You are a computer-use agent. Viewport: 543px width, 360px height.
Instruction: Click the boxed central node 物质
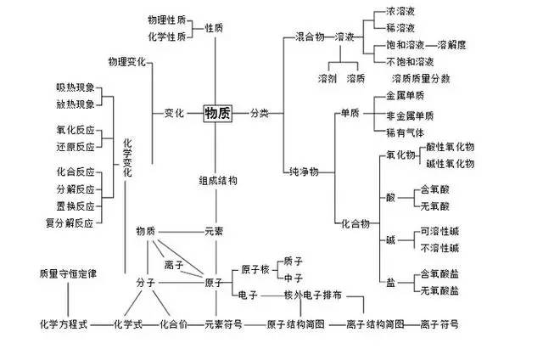[217, 113]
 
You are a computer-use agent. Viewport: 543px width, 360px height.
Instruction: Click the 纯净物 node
[303, 172]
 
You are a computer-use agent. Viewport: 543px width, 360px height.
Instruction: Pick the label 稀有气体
[411, 132]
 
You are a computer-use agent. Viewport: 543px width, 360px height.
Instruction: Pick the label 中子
[294, 277]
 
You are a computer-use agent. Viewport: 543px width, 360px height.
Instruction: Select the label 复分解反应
[70, 223]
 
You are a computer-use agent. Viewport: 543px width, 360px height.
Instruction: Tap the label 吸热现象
[75, 88]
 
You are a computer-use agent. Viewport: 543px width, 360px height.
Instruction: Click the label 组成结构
[217, 181]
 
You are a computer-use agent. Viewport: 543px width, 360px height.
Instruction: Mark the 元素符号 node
[226, 324]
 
